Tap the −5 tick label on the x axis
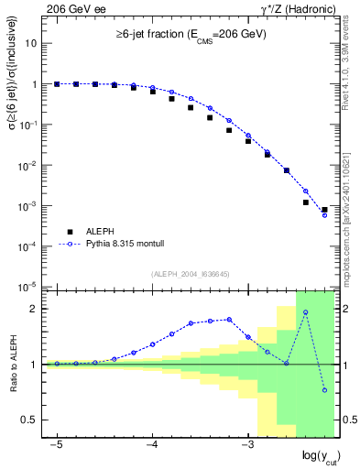[56, 442]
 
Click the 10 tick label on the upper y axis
[32, 43]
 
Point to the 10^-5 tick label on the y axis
[28, 287]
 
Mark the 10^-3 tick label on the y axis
[28, 206]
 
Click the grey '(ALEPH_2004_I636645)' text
[190, 273]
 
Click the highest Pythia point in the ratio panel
[305, 312]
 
